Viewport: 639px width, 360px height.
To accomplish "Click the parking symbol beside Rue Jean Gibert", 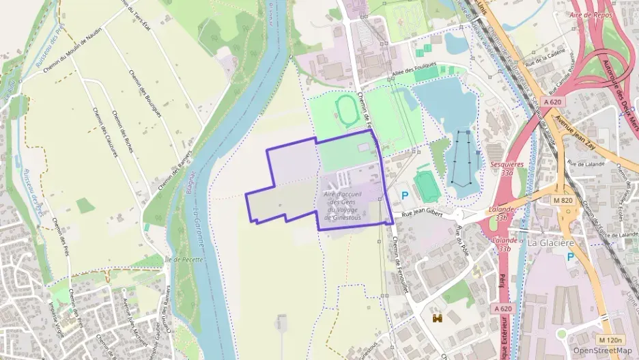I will (404, 195).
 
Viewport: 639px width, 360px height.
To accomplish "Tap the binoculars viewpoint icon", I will (438, 318).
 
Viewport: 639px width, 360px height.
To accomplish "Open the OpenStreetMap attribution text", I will (602, 350).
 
